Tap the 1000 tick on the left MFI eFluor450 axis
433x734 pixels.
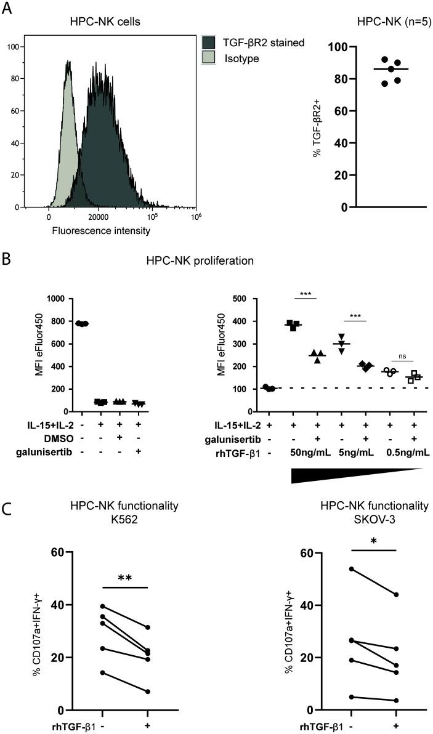58,299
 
